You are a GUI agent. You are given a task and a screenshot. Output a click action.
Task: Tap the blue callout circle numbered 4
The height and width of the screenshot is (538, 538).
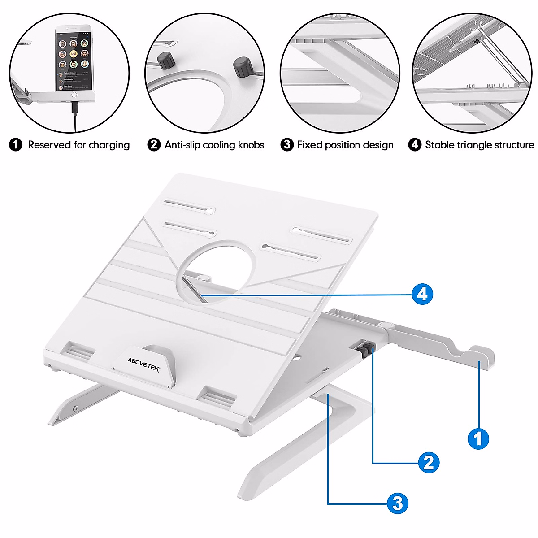[422, 294]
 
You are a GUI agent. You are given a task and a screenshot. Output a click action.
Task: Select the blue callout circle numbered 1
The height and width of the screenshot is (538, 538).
[478, 438]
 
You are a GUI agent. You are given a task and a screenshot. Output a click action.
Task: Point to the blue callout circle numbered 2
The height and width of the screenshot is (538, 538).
[429, 462]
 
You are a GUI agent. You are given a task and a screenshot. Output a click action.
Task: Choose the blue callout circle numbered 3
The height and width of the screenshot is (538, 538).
[398, 503]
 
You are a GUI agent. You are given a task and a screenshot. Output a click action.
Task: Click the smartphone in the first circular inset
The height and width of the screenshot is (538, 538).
[74, 60]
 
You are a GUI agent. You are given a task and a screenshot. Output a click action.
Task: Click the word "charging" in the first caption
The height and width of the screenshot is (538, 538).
[109, 145]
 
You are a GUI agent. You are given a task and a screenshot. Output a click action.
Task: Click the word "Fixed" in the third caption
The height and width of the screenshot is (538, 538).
[310, 145]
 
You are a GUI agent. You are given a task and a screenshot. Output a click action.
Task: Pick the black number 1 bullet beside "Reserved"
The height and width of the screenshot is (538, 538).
[16, 145]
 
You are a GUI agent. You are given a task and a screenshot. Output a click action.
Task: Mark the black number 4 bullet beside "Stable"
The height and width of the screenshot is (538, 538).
[415, 145]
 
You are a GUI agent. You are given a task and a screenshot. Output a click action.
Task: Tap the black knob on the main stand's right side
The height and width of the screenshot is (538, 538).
[367, 348]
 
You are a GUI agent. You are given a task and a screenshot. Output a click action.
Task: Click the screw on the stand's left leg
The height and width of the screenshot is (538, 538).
[75, 408]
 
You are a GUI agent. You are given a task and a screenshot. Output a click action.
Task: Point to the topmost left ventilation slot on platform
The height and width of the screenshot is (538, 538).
[189, 205]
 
